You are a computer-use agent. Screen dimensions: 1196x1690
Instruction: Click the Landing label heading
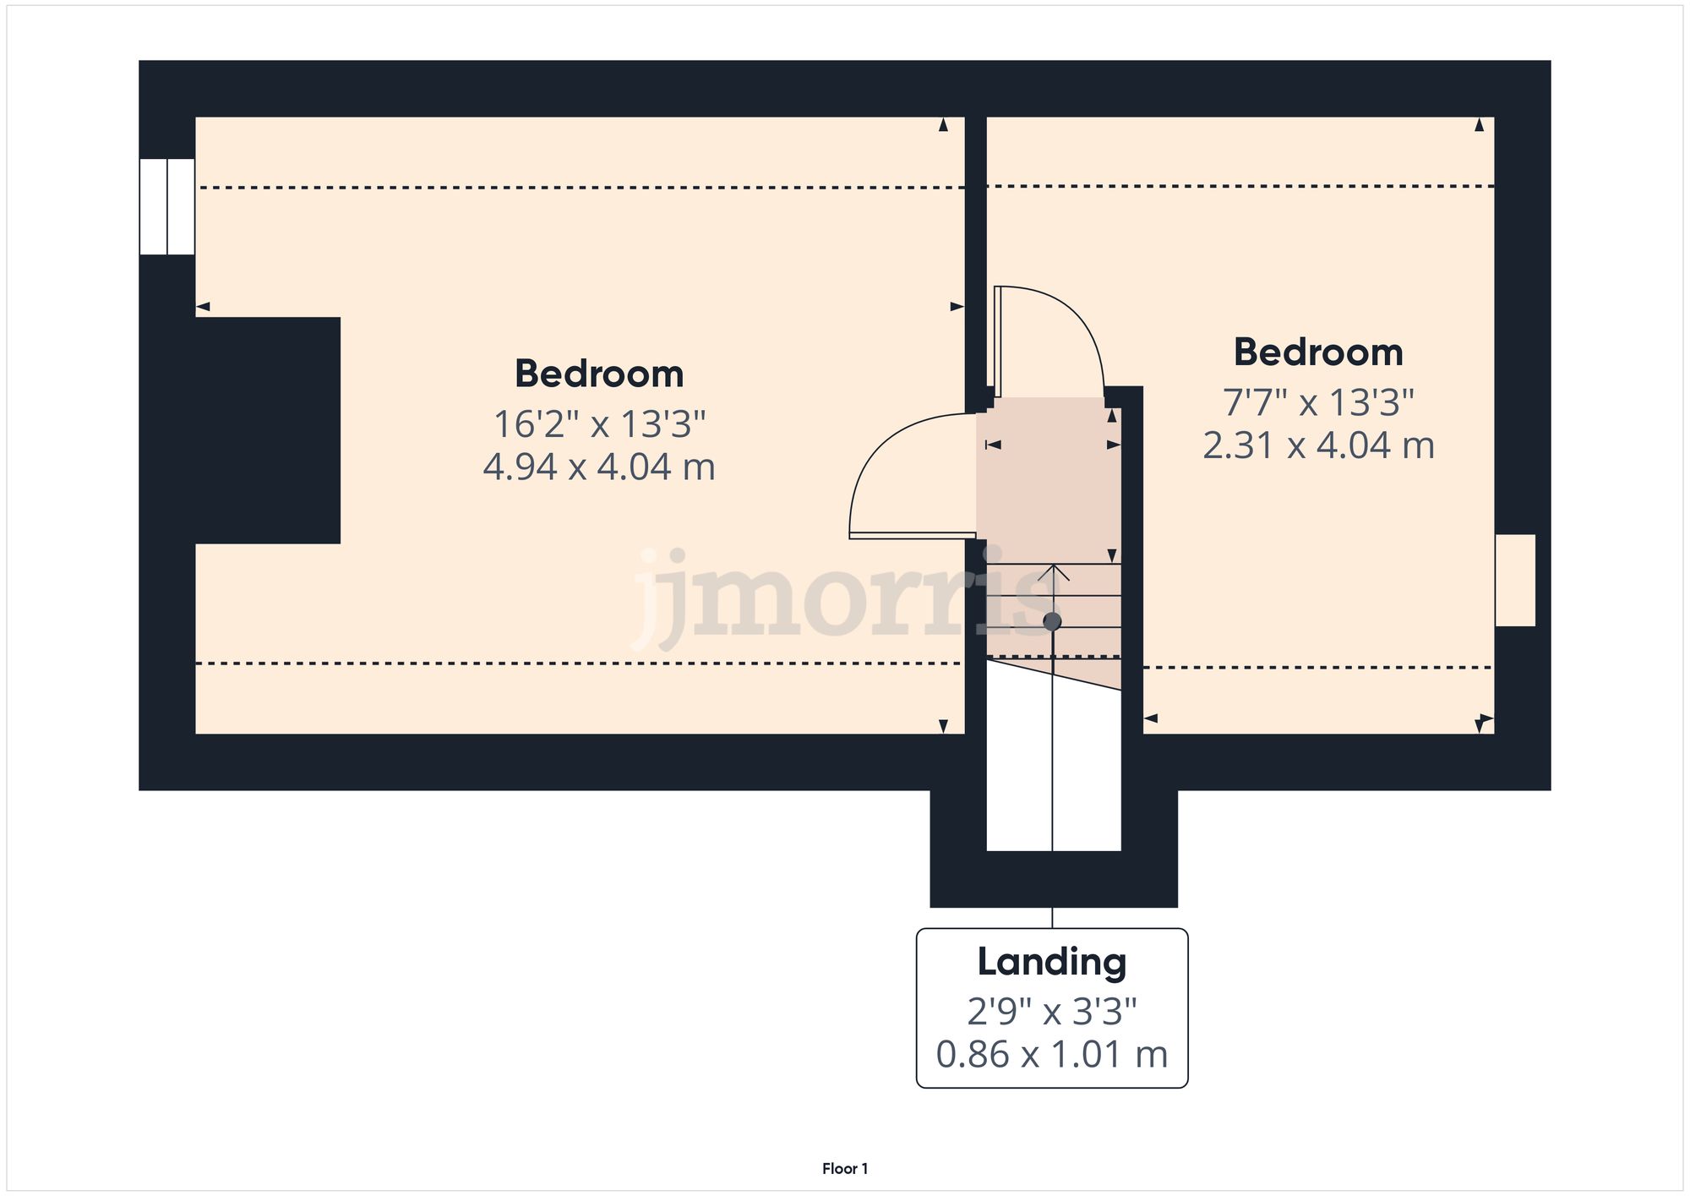point(1052,962)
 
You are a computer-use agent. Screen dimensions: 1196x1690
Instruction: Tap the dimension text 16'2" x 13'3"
point(599,423)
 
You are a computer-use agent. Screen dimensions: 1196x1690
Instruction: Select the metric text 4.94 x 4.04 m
point(599,467)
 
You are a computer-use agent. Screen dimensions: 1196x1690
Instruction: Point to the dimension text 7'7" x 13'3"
point(1318,402)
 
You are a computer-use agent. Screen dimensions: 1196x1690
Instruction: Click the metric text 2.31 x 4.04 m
point(1318,445)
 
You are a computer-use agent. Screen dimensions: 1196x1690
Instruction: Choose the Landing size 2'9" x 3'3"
point(1052,1011)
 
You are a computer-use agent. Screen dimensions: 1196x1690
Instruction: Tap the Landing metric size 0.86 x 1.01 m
point(1052,1054)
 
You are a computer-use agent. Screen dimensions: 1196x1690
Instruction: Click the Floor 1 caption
point(845,1169)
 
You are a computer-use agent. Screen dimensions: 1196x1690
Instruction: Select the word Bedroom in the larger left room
point(599,374)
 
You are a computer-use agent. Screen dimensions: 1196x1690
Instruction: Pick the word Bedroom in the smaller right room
point(1318,352)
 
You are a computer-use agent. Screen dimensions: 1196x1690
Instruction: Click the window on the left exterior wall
point(167,206)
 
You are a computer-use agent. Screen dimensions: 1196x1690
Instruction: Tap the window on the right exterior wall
point(1515,580)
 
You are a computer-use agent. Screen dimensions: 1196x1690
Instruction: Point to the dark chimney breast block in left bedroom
point(267,429)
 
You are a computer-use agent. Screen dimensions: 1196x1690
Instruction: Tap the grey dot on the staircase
point(1052,622)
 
